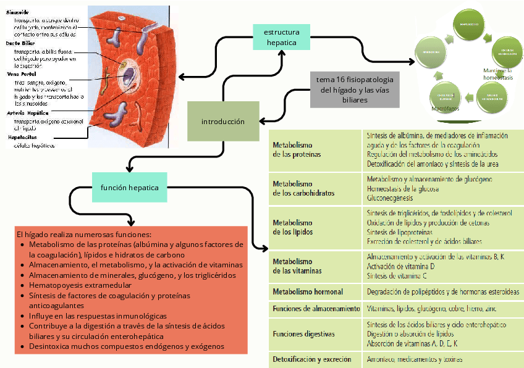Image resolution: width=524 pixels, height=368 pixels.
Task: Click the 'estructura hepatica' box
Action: (x=281, y=37)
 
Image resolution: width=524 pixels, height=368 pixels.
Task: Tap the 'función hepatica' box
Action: (x=130, y=187)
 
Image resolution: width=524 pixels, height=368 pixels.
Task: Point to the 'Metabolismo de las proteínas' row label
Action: (x=297, y=149)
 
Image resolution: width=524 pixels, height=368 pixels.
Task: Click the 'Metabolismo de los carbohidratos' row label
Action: (x=303, y=188)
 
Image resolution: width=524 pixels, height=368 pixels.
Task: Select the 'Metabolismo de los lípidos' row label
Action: (x=293, y=227)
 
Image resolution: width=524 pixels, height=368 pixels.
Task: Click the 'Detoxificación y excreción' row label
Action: (x=312, y=359)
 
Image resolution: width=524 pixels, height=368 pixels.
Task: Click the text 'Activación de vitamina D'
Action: (x=402, y=266)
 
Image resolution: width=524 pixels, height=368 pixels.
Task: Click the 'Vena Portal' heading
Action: (x=22, y=74)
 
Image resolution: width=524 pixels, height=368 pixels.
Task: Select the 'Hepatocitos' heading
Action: (x=22, y=136)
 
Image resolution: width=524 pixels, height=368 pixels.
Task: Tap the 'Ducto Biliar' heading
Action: (x=22, y=43)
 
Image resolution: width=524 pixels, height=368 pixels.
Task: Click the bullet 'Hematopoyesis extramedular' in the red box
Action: (x=80, y=285)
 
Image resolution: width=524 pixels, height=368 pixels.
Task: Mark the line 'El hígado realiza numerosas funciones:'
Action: (x=83, y=235)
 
